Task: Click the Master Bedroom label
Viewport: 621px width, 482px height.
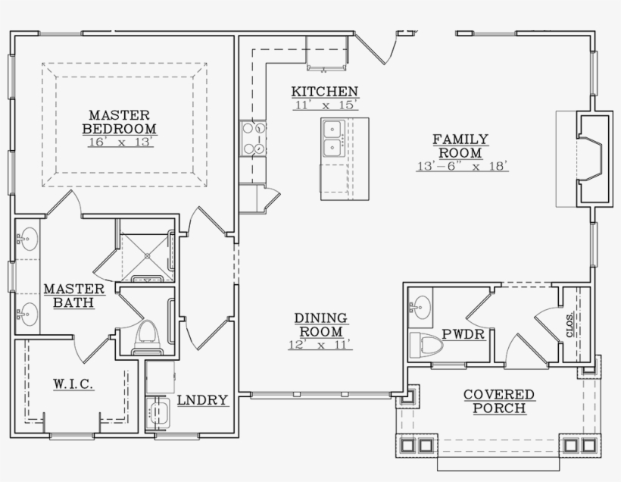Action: (119, 122)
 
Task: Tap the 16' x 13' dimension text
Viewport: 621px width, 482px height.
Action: (120, 142)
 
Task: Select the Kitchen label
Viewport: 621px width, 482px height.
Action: (325, 92)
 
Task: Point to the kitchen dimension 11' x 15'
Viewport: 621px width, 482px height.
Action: (326, 105)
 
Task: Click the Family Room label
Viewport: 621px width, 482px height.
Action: (460, 146)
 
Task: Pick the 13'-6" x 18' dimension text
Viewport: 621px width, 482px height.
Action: (462, 166)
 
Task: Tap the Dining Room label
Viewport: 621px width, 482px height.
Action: (321, 324)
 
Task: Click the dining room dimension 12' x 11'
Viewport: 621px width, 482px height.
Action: (320, 345)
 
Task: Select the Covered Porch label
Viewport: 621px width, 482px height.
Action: (499, 401)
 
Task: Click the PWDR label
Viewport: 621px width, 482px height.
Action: (463, 334)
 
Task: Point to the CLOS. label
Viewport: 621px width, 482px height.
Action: (570, 325)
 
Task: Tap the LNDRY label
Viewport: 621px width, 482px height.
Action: (202, 400)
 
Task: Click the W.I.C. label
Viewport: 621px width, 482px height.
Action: (73, 383)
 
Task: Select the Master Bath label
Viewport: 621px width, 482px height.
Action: (74, 296)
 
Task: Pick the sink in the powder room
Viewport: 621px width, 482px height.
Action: (421, 308)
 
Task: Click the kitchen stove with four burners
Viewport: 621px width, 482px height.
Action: (253, 139)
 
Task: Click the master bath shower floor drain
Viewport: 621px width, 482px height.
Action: (148, 255)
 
